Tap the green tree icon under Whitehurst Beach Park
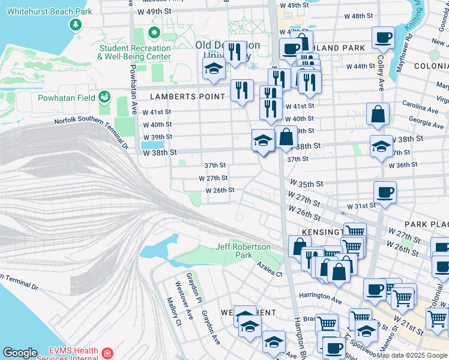click(75, 25)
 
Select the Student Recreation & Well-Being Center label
click(135, 52)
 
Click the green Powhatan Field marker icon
click(105, 96)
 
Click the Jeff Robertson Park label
click(243, 251)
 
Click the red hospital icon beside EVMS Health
click(108, 353)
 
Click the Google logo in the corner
click(20, 353)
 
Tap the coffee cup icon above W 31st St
click(385, 192)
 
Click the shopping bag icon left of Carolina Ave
click(378, 114)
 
